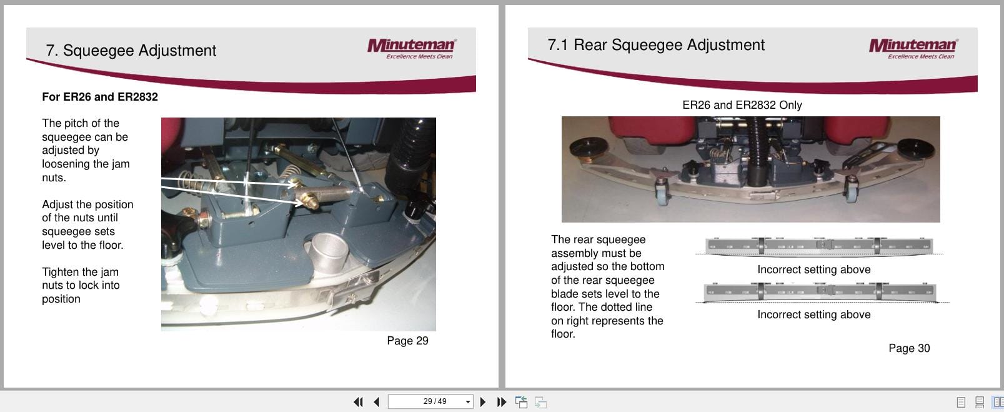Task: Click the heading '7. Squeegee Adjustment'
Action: click(x=131, y=51)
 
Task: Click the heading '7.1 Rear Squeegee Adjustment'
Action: click(x=655, y=45)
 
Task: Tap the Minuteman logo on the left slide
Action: click(x=412, y=48)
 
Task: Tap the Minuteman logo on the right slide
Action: click(x=913, y=48)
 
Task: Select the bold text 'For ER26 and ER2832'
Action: click(x=100, y=97)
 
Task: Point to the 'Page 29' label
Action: click(x=407, y=341)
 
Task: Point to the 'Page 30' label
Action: click(x=909, y=348)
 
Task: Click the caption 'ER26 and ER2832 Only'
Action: click(x=742, y=105)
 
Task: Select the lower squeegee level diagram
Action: click(x=820, y=292)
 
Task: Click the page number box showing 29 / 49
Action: click(x=430, y=401)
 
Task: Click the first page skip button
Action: click(x=358, y=402)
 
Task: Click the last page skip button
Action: click(x=501, y=402)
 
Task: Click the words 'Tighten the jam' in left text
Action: click(x=80, y=272)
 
